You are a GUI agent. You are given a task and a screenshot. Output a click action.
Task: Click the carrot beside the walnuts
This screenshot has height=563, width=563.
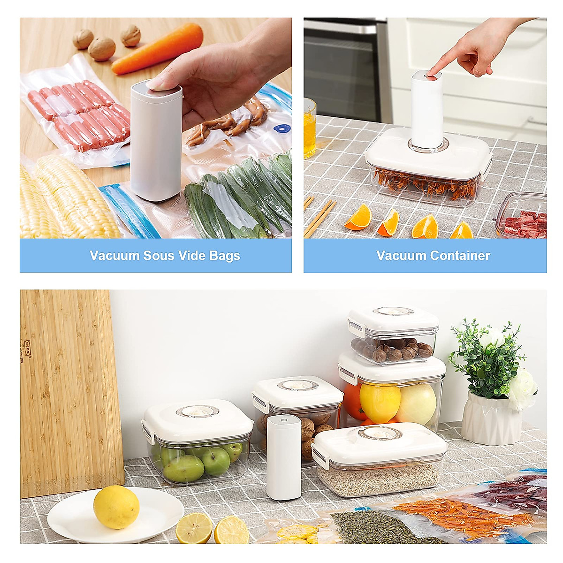click(157, 49)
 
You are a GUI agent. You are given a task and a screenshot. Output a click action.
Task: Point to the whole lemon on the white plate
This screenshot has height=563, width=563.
click(116, 507)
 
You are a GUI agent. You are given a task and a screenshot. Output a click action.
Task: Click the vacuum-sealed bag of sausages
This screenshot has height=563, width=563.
click(77, 113)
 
